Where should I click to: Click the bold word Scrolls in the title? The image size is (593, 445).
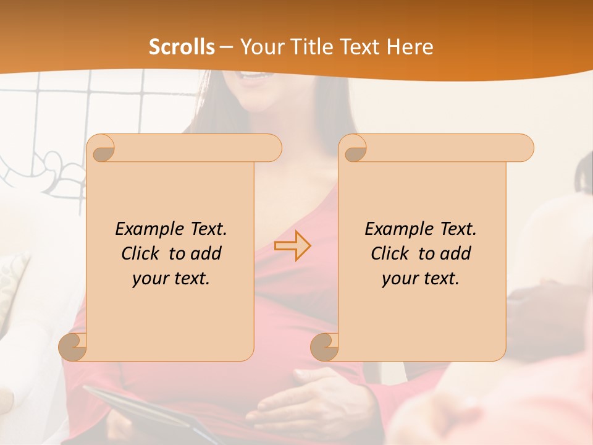(x=182, y=47)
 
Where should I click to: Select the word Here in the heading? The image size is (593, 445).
(x=408, y=47)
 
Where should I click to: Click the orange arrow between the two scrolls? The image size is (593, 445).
(x=293, y=246)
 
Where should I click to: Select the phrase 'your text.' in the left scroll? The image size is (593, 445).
(x=171, y=279)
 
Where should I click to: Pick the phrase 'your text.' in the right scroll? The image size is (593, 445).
(x=421, y=279)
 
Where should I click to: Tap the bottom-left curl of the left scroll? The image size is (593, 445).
(x=73, y=347)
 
